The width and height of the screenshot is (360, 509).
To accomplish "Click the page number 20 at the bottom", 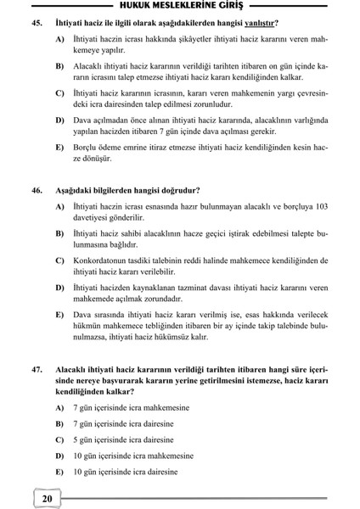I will click(47, 498).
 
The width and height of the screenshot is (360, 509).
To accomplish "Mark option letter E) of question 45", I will click(60, 148).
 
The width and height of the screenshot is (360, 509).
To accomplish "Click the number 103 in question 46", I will click(321, 208).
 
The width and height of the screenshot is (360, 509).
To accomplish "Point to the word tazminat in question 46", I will click(208, 288).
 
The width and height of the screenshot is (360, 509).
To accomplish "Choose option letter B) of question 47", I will click(60, 422).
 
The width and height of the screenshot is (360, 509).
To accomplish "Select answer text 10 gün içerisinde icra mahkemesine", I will click(133, 456).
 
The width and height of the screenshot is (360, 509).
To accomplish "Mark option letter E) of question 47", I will click(60, 472).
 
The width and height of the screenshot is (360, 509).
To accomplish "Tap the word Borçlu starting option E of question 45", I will click(88, 148).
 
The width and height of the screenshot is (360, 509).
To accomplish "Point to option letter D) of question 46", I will click(60, 288).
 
